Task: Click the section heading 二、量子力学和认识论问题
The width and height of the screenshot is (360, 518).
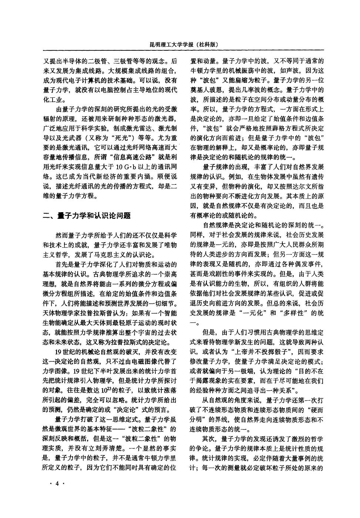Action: pyautogui.click(x=87, y=215)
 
